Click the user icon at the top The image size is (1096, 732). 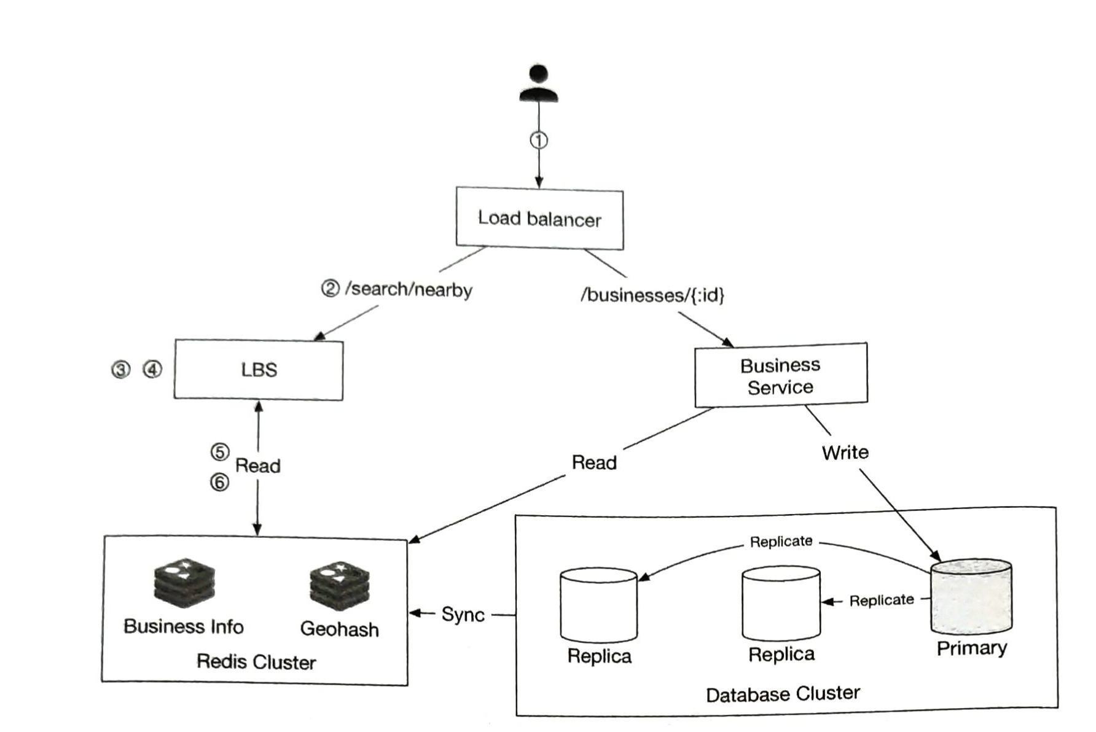point(539,84)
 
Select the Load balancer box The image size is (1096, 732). point(539,219)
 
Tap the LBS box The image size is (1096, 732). point(259,370)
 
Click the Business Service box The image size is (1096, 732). point(780,376)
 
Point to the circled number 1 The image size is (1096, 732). point(539,141)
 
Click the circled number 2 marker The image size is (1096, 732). point(330,288)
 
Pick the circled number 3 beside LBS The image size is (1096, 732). point(120,370)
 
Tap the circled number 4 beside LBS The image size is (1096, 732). point(152,369)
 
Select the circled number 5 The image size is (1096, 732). point(220,452)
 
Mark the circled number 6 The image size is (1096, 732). point(220,483)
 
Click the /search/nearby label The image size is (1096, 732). point(409,289)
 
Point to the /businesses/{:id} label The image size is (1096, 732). point(652,295)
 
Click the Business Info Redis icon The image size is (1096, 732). point(184,583)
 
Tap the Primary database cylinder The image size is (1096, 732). point(971,597)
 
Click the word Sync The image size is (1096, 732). point(463,614)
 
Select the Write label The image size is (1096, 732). point(845,453)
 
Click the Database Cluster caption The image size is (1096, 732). point(783,694)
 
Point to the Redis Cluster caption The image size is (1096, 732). point(256,661)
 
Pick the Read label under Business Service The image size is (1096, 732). point(594,462)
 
